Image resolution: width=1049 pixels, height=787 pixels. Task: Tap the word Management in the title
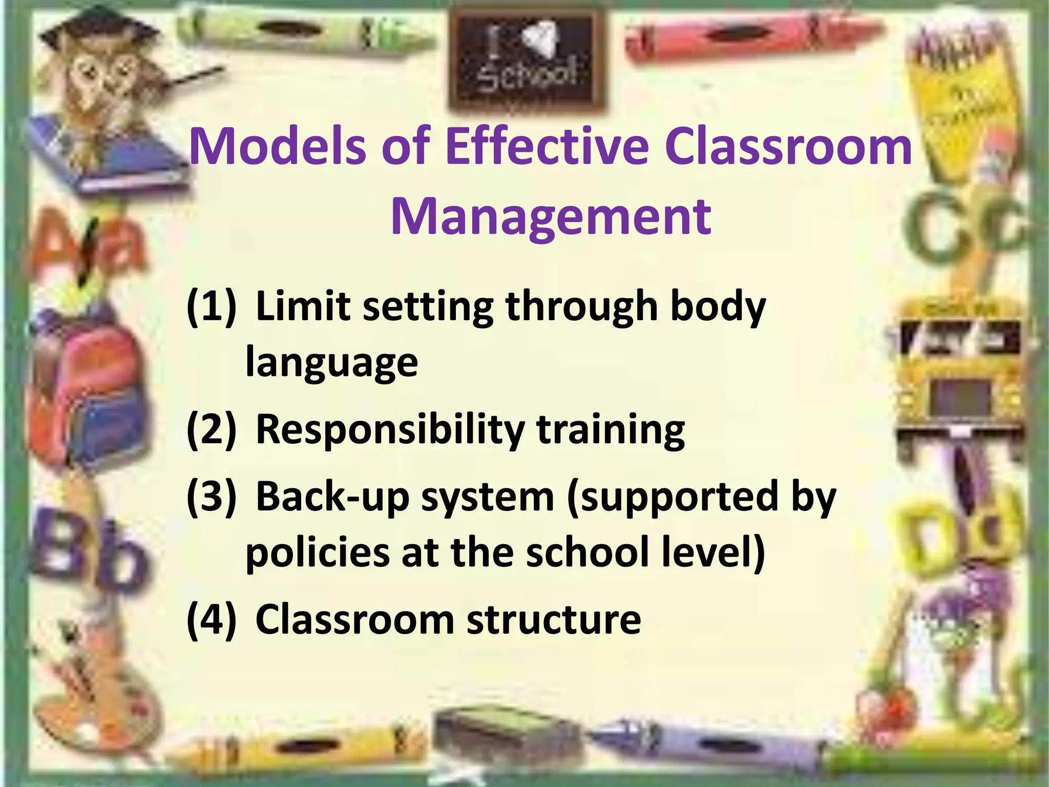pyautogui.click(x=551, y=216)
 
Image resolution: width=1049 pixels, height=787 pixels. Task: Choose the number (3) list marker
pyautogui.click(x=212, y=497)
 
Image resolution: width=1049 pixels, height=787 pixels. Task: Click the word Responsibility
pyautogui.click(x=390, y=430)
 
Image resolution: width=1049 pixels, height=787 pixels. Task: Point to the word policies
pyautogui.click(x=317, y=553)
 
